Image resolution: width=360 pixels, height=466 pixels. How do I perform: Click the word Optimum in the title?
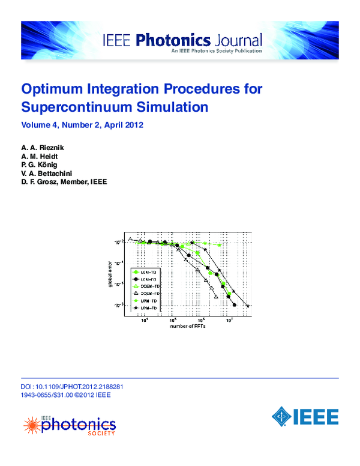50,89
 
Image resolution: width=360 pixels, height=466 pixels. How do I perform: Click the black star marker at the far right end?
247,306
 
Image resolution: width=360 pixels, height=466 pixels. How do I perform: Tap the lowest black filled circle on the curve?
234,305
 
